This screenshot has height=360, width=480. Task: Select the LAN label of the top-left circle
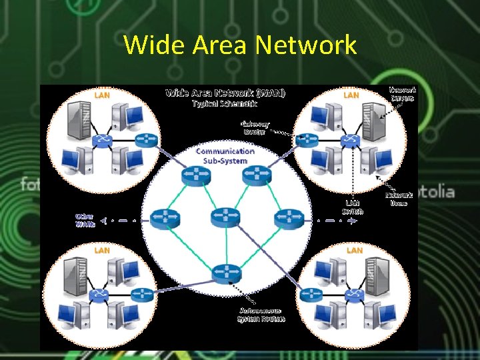click(x=102, y=95)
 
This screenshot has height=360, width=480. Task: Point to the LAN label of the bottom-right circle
click(x=355, y=250)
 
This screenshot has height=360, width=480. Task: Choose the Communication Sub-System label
click(x=225, y=155)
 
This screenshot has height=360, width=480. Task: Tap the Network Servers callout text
click(x=403, y=93)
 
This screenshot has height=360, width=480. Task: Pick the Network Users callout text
click(x=399, y=199)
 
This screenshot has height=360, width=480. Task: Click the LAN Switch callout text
click(x=353, y=207)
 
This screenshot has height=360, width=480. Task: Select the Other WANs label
click(x=85, y=221)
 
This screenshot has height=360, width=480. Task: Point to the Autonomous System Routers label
click(x=261, y=315)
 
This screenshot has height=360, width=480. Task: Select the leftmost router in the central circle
click(x=163, y=217)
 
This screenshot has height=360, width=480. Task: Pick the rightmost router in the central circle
click(x=288, y=217)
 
